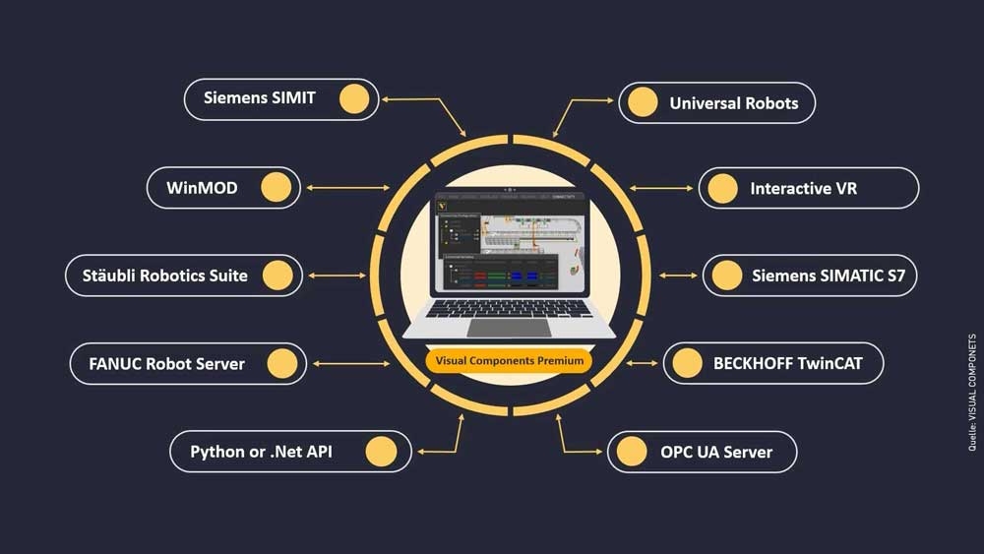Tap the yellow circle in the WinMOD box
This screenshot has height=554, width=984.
click(277, 187)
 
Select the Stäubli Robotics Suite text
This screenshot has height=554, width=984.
click(165, 276)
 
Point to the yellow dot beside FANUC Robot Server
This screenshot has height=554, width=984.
click(282, 364)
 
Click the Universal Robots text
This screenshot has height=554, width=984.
click(734, 102)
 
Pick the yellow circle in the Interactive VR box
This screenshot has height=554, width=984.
click(722, 188)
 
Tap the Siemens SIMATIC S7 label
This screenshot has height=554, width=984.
click(828, 276)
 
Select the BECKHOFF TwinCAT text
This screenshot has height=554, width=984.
click(787, 363)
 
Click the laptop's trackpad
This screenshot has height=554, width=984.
click(510, 327)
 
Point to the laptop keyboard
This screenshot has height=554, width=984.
click(510, 308)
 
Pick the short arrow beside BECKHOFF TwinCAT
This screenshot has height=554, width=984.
click(643, 363)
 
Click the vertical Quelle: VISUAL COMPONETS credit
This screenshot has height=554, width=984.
click(971, 393)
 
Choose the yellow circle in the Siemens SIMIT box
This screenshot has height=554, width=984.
click(354, 98)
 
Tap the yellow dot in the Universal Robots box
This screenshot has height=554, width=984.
click(643, 102)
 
